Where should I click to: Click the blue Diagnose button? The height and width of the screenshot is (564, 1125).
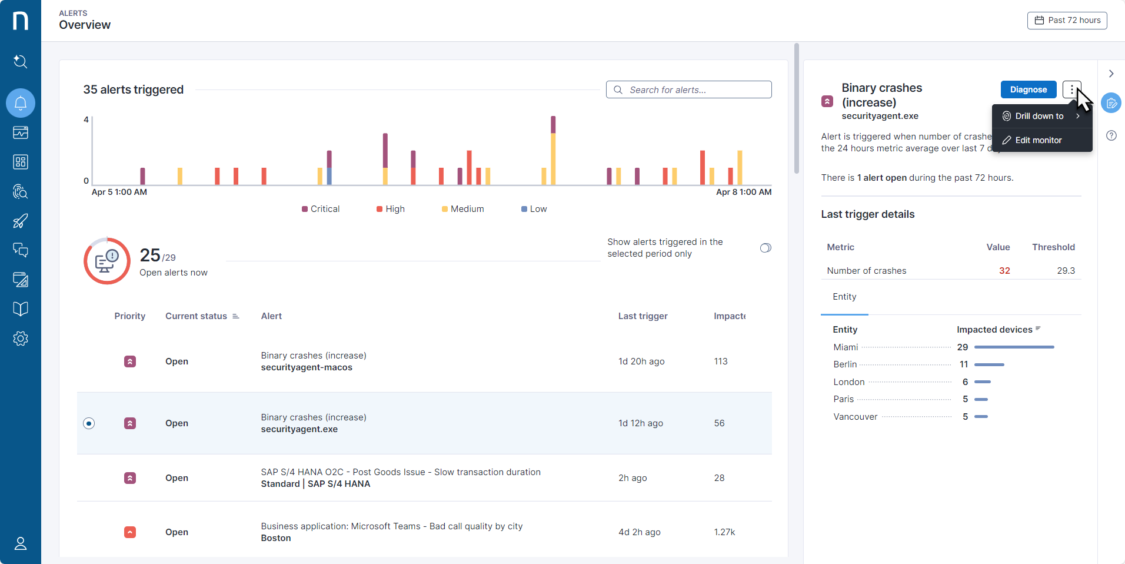(x=1029, y=89)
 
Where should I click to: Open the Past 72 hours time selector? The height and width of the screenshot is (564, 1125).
(x=1067, y=20)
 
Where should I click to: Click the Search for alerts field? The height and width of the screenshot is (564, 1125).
(x=688, y=89)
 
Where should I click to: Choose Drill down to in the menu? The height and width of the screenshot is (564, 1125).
(x=1039, y=116)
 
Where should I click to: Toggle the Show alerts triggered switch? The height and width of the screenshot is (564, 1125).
(x=765, y=248)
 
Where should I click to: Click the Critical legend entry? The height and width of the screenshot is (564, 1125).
(x=321, y=209)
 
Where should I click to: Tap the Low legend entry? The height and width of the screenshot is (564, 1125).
(x=534, y=209)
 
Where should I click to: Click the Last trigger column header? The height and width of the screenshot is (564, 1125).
(x=643, y=316)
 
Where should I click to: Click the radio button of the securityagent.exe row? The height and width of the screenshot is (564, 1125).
(x=89, y=423)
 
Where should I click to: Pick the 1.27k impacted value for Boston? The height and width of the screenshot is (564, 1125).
(x=724, y=532)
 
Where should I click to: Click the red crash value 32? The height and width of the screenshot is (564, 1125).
(x=1004, y=271)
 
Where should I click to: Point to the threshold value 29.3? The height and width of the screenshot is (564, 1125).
(x=1066, y=271)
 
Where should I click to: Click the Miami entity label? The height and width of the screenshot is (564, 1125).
(x=846, y=347)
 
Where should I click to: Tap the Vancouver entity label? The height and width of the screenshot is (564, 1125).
(x=855, y=417)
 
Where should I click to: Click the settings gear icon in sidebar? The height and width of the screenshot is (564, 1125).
(x=21, y=339)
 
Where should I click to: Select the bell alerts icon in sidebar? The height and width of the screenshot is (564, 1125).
(x=21, y=103)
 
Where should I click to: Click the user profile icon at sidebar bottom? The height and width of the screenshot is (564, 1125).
(x=21, y=543)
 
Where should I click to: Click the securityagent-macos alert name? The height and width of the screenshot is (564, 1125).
(x=307, y=367)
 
